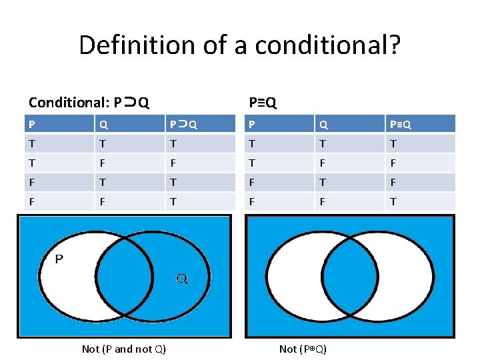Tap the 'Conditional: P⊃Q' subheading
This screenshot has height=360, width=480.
coord(89,103)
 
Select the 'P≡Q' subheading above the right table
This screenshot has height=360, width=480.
coord(262,103)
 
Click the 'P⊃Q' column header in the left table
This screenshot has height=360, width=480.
coord(183,125)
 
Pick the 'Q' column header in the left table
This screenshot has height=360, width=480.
coord(103,125)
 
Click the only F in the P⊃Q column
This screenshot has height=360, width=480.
coord(173,163)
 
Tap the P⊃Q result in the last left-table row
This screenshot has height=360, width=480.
coord(173,201)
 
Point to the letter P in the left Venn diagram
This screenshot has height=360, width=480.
coord(59,260)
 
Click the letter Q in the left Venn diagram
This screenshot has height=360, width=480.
coord(181,278)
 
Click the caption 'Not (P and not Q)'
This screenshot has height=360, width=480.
coord(124,349)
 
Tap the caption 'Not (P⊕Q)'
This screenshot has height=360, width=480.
coord(303,349)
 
